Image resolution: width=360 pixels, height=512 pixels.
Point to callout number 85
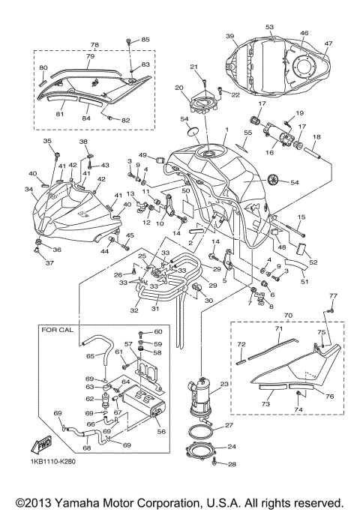click(145, 39)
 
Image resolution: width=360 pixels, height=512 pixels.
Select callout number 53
click(269, 26)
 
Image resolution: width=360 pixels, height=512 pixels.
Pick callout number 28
click(230, 465)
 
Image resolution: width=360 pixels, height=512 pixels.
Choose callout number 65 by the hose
click(90, 356)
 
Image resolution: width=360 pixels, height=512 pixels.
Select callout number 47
click(328, 43)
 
